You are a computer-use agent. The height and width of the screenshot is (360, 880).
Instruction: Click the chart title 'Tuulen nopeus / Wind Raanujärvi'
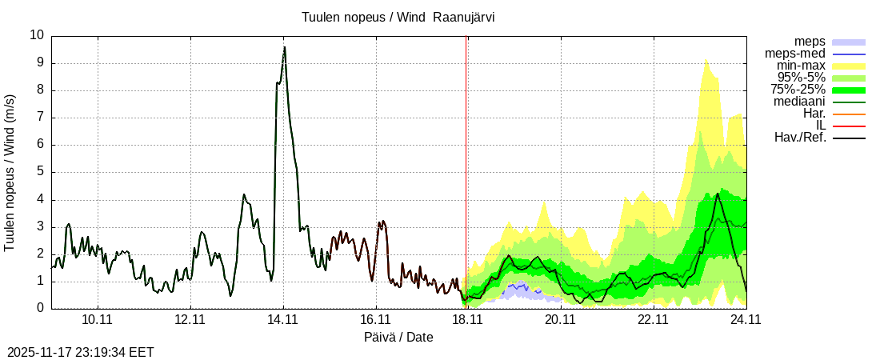(x=398, y=17)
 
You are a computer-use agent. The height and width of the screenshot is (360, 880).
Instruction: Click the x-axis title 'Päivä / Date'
(x=398, y=338)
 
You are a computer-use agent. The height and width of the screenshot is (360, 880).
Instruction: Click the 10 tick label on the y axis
(x=37, y=35)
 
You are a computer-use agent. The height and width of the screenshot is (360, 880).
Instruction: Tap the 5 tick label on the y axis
(x=41, y=172)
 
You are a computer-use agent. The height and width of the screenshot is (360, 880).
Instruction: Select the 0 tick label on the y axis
(x=41, y=308)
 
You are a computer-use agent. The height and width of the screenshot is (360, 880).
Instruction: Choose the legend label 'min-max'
(x=801, y=66)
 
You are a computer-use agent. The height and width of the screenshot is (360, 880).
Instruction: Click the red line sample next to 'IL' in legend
(x=849, y=126)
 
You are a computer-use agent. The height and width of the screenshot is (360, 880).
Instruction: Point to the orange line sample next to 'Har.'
(x=849, y=114)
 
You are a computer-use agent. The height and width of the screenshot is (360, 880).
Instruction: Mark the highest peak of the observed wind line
(x=284, y=47)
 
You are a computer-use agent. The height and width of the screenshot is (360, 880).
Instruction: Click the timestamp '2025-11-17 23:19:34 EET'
(x=81, y=352)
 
